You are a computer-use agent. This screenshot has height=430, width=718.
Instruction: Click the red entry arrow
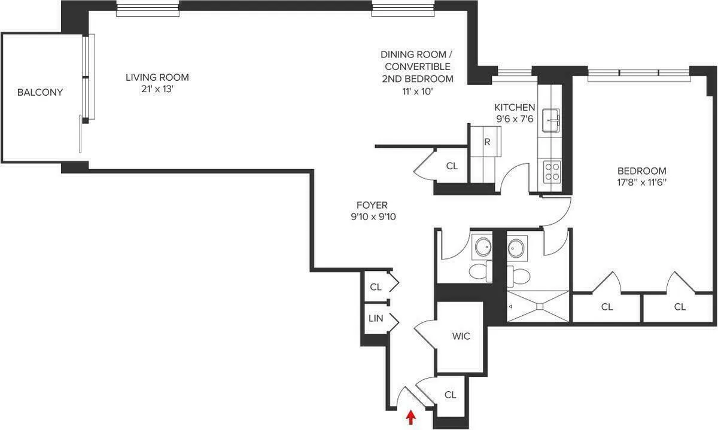point(410,417)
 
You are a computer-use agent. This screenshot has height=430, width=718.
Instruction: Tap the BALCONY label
point(40,92)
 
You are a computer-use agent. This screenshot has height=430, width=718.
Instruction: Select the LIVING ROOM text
point(157,77)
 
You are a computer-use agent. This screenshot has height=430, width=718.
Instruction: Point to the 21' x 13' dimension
point(157,89)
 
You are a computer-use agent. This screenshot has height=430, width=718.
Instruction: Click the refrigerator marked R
point(487,142)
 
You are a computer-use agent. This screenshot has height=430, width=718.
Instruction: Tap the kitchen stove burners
point(551,172)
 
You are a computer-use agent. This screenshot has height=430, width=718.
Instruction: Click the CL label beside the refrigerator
point(452,166)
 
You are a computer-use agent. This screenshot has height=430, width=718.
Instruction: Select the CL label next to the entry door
point(451,395)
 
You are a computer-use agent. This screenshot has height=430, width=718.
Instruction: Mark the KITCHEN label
point(514,107)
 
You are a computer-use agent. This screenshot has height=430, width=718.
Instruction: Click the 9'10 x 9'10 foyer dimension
point(373,217)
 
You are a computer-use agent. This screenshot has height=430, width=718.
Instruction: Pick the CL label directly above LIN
point(375,287)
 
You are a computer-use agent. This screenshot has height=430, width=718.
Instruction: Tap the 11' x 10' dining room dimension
point(417,90)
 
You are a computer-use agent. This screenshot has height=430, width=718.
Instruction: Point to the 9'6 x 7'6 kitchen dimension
point(514,118)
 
